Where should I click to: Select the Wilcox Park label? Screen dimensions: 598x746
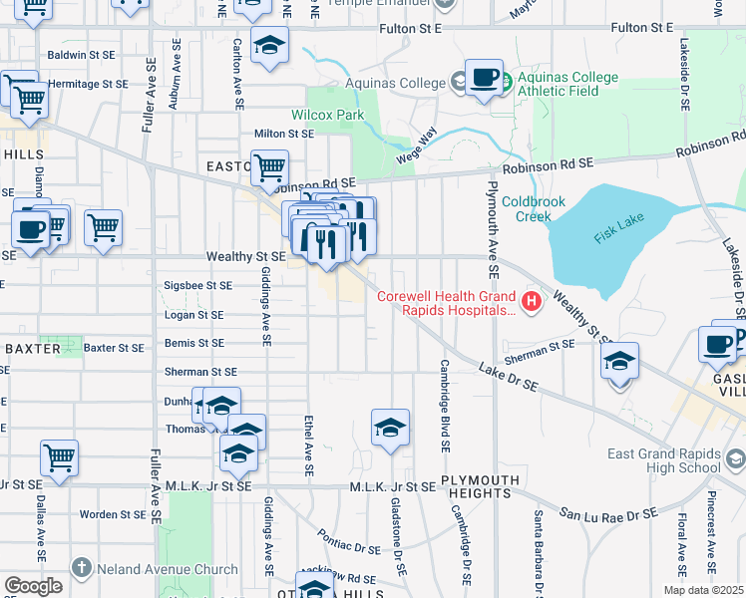click(x=327, y=115)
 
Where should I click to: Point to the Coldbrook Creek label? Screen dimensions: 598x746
click(x=534, y=208)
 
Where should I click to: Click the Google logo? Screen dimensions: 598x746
click(x=33, y=586)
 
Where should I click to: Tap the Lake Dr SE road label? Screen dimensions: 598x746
click(x=508, y=383)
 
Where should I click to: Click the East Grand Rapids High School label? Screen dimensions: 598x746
click(x=664, y=460)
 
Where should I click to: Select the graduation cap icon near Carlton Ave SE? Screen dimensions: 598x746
click(x=268, y=46)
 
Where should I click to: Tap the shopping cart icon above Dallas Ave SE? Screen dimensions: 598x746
click(x=59, y=458)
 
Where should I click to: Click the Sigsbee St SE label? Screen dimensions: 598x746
click(x=197, y=285)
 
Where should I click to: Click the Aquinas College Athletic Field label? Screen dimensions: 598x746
click(x=571, y=84)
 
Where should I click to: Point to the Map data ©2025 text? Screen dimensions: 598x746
click(x=703, y=590)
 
